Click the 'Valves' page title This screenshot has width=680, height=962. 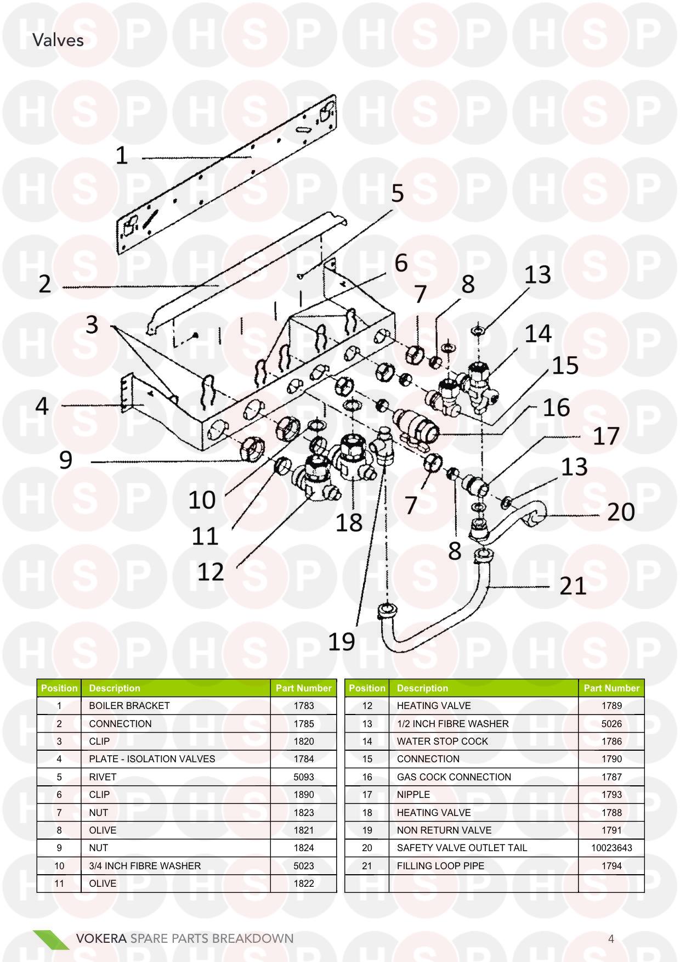[x=58, y=40]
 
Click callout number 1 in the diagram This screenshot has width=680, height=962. [x=121, y=156]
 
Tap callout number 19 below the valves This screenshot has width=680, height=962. [x=341, y=641]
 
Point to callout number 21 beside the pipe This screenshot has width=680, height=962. [x=573, y=586]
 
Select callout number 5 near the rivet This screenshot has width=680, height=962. [x=397, y=194]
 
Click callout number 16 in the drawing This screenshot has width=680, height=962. [x=556, y=408]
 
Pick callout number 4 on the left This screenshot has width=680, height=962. [x=42, y=406]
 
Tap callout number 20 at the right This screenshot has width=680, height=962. [x=620, y=512]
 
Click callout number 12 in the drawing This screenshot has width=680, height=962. [x=211, y=572]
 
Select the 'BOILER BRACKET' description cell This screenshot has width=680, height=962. [x=129, y=706]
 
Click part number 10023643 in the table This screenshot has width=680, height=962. [x=611, y=848]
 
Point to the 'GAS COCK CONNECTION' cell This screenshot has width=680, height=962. [x=454, y=777]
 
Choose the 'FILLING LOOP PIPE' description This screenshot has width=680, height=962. [x=440, y=866]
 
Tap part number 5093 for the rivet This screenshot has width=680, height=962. [x=303, y=777]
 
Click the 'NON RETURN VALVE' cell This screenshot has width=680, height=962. [x=444, y=830]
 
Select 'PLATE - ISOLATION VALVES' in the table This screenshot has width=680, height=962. [x=152, y=759]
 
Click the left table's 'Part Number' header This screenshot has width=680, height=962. [x=303, y=688]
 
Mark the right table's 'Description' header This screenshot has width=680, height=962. [x=422, y=688]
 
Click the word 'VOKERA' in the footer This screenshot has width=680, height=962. [x=101, y=938]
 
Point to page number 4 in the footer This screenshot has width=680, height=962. [x=611, y=938]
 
